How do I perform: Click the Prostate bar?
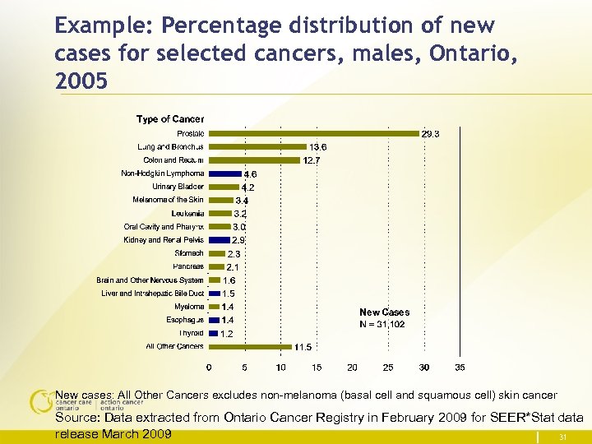pyautogui.click(x=314, y=133)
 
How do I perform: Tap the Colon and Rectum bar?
pyautogui.click(x=254, y=160)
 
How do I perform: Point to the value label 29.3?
pyautogui.click(x=431, y=133)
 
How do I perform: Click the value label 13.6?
pyautogui.click(x=318, y=147)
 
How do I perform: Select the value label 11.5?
pyautogui.click(x=303, y=347)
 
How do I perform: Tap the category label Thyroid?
pyautogui.click(x=191, y=333)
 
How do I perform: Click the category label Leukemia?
pyautogui.click(x=187, y=213)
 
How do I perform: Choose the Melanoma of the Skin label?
pyautogui.click(x=168, y=200)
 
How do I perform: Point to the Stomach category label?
pyautogui.click(x=189, y=253)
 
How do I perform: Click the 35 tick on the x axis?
pyautogui.click(x=460, y=367)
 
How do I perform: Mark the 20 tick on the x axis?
pyautogui.click(x=352, y=367)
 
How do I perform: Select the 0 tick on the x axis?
pyautogui.click(x=208, y=367)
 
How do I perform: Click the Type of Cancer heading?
pyautogui.click(x=170, y=119)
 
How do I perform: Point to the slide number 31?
pyautogui.click(x=562, y=437)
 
